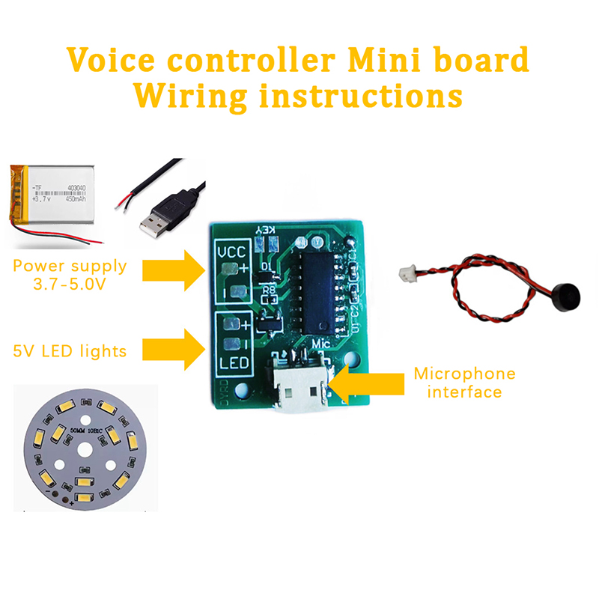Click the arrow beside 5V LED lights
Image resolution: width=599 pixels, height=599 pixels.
point(171,348)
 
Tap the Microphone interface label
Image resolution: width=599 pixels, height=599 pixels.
point(464,382)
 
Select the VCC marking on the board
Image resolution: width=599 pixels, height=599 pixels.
point(233,253)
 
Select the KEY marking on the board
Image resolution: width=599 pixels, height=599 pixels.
point(268,229)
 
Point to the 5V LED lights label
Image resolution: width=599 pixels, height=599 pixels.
point(70,350)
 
